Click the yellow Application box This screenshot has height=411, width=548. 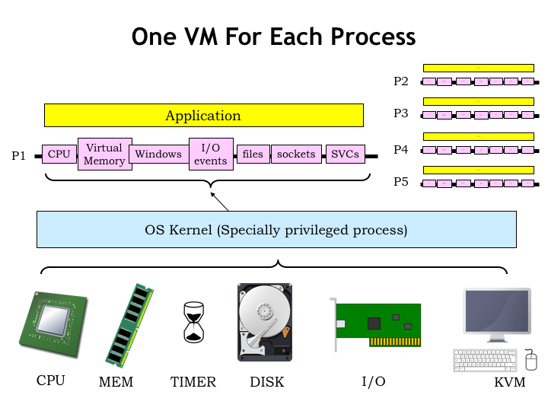pyautogui.click(x=203, y=116)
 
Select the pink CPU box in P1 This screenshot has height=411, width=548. pyautogui.click(x=59, y=155)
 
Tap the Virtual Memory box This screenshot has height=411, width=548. pyautogui.click(x=104, y=155)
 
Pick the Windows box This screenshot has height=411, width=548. pyautogui.click(x=158, y=155)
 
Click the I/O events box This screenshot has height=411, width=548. pyautogui.click(x=210, y=155)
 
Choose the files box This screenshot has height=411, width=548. pyautogui.click(x=253, y=155)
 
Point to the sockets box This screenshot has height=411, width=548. pyautogui.click(x=296, y=155)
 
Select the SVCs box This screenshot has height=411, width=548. pyautogui.click(x=345, y=155)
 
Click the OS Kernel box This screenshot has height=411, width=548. pyautogui.click(x=276, y=230)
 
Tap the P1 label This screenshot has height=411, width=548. pyautogui.click(x=19, y=156)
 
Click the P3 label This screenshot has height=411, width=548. pyautogui.click(x=401, y=113)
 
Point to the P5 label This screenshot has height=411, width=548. pyautogui.click(x=401, y=182)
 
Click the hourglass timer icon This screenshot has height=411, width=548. pyautogui.click(x=194, y=322)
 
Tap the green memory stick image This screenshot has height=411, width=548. pyautogui.click(x=130, y=325)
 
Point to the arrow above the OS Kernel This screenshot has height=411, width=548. pyautogui.click(x=219, y=201)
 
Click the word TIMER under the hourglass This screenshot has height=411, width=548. pyautogui.click(x=193, y=382)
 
